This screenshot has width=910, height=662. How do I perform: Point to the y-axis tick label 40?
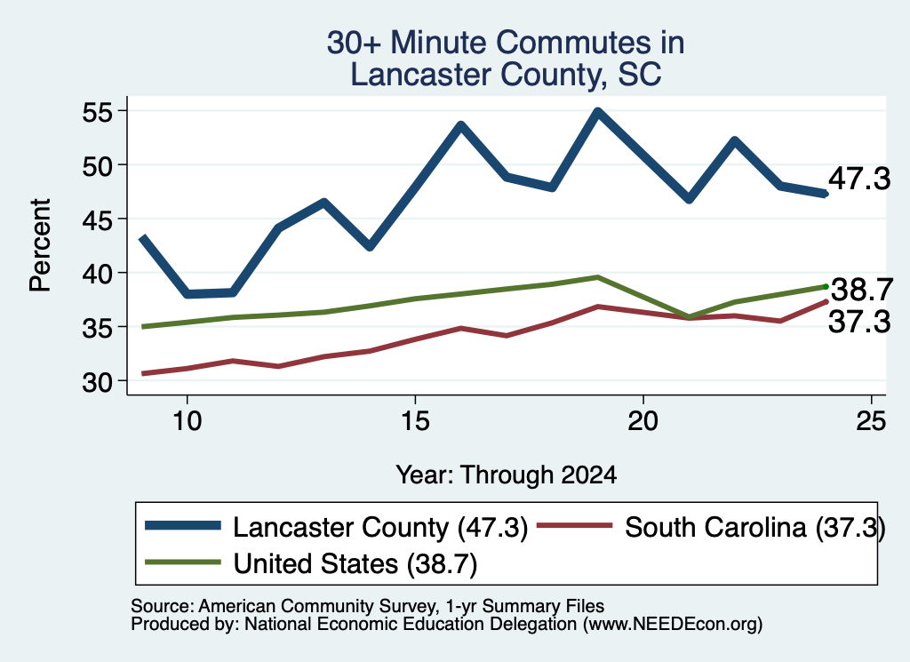point(97,274)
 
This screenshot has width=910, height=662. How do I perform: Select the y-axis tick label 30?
point(97,382)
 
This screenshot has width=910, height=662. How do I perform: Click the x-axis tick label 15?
point(415,421)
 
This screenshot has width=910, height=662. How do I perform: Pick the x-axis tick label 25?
point(871,421)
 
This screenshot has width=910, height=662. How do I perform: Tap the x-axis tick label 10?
point(187,421)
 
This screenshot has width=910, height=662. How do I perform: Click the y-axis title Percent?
point(40,245)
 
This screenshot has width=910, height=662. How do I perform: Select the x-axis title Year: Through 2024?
point(506,475)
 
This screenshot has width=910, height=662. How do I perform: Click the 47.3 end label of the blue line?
point(859,178)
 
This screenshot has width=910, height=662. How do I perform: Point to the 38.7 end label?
point(862,290)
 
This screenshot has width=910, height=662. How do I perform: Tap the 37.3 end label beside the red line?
point(859,322)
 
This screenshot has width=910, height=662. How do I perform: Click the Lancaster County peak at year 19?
point(598,111)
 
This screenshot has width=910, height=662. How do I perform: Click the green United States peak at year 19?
point(598,277)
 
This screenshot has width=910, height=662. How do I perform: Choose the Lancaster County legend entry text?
point(380,528)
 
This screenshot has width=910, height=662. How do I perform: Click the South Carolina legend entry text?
point(755,528)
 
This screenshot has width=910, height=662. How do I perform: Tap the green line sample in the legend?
point(183,562)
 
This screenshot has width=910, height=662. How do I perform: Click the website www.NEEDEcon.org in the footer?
point(673,624)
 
